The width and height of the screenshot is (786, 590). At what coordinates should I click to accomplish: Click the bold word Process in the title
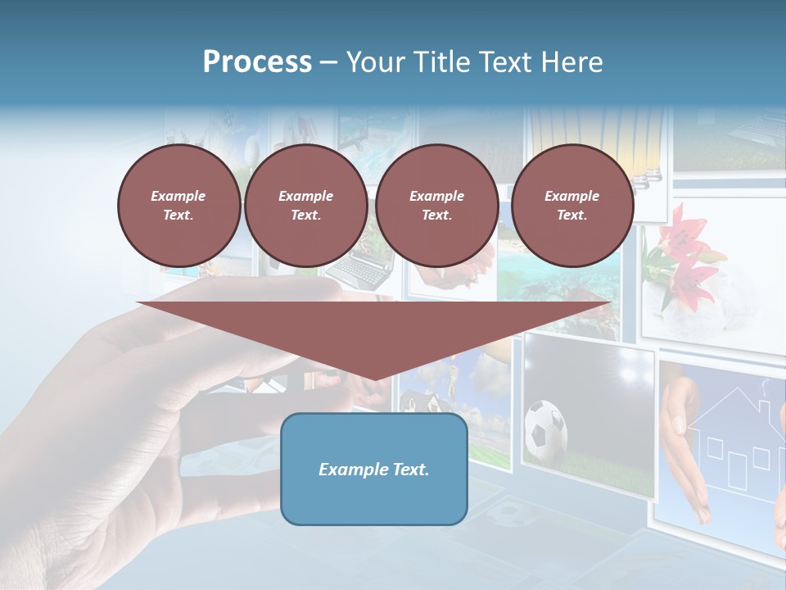coord(257,61)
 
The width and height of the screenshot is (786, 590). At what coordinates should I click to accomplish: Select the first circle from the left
coord(178,206)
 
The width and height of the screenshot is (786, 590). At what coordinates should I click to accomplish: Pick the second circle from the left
coord(305,206)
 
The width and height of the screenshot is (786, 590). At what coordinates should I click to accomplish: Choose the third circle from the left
coord(436,206)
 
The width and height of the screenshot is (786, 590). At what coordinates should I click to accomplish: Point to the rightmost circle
coord(571,206)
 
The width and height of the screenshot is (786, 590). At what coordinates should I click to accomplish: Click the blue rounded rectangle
coord(373,469)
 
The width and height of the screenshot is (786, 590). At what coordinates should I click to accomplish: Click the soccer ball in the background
coord(545,428)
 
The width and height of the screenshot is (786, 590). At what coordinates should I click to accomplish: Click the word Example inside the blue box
coord(350,470)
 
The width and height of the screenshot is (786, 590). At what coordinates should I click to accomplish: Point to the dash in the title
coord(328,62)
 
